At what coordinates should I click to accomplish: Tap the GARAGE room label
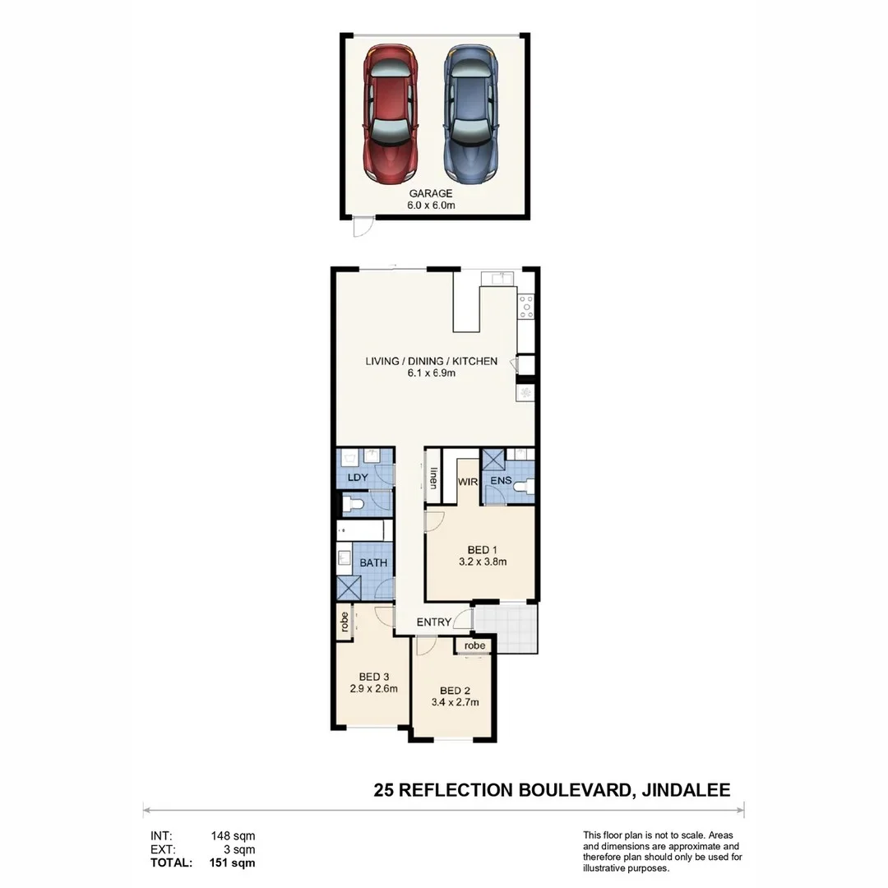(x=431, y=193)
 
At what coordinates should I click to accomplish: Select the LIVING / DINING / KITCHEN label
(x=432, y=361)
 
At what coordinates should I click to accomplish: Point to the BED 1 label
(x=483, y=550)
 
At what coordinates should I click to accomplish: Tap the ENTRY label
(x=434, y=622)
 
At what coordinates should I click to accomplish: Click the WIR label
(x=469, y=482)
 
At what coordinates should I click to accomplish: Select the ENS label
(x=501, y=481)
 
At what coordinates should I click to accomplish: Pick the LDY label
(x=357, y=478)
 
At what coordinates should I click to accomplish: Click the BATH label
(x=374, y=563)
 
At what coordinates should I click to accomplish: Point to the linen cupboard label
(x=432, y=479)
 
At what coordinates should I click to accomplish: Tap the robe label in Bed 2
(x=474, y=646)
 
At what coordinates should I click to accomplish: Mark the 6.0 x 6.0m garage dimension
(x=431, y=206)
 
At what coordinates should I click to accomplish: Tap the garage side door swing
(x=362, y=227)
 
